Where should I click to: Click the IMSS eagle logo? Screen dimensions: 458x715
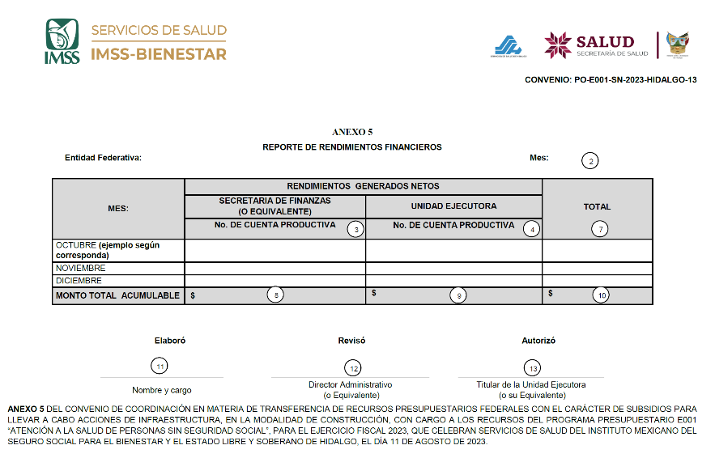click(62, 41)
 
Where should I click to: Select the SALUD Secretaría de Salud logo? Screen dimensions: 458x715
click(596, 45)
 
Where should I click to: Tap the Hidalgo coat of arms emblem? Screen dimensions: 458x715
click(677, 45)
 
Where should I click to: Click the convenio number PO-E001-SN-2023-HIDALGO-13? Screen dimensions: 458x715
click(610, 80)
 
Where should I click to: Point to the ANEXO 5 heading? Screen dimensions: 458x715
click(352, 131)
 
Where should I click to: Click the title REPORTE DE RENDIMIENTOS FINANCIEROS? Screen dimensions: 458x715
click(352, 147)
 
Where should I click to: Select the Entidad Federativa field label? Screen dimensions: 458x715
click(103, 158)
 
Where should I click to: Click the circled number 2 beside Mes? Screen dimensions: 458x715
click(591, 161)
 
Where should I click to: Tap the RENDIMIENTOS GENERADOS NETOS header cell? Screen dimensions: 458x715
click(363, 186)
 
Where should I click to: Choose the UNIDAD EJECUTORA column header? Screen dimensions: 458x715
click(453, 206)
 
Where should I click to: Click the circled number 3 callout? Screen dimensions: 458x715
click(354, 229)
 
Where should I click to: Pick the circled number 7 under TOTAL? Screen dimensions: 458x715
click(598, 229)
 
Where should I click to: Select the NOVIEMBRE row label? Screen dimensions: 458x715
click(80, 268)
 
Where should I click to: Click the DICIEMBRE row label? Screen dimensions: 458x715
click(79, 280)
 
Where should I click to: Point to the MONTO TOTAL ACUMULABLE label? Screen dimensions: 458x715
click(117, 295)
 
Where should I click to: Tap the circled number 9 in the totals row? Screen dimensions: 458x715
click(458, 295)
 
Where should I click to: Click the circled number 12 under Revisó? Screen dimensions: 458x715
click(351, 368)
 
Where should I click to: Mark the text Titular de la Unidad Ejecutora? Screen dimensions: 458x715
click(531, 385)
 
